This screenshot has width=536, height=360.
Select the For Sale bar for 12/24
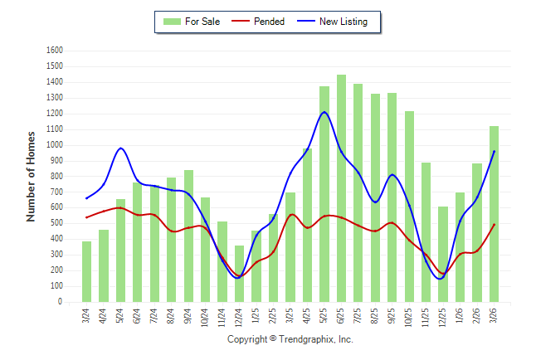[x=239, y=274]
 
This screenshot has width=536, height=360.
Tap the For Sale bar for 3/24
[x=86, y=271]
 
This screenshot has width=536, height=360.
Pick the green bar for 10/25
[x=409, y=207]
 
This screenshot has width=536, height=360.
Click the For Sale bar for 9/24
[x=188, y=236]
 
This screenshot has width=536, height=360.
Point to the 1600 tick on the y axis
[x=55, y=50]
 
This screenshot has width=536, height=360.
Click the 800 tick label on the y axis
[x=57, y=176]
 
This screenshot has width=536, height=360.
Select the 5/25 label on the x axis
[x=324, y=318]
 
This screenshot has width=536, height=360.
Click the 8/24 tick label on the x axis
[x=172, y=318]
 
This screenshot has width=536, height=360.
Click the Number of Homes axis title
[x=32, y=176]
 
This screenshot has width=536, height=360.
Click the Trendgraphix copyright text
[x=290, y=339]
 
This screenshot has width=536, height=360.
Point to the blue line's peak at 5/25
[x=324, y=112]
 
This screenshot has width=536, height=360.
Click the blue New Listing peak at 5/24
[x=121, y=148]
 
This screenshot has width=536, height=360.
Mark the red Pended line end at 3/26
[x=495, y=224]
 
